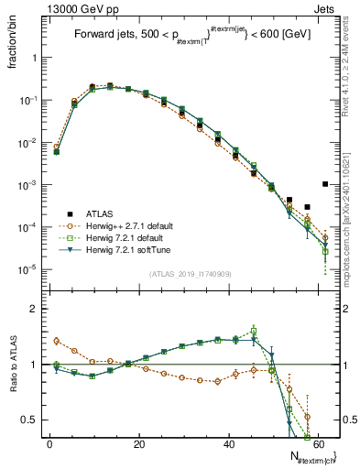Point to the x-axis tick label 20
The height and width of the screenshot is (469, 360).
(138, 444)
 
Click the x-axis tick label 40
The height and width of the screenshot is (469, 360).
(227, 444)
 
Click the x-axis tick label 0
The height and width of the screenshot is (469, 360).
(49, 444)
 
